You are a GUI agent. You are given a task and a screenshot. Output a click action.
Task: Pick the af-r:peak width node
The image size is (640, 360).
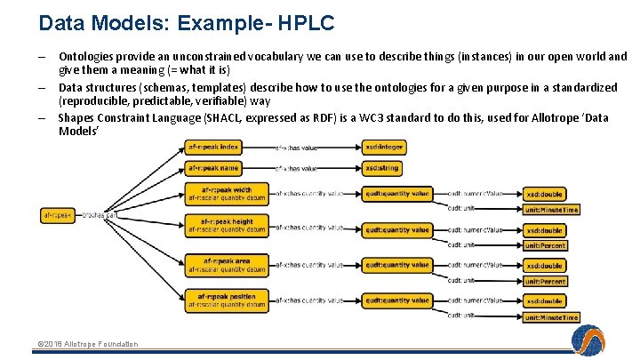pyautogui.click(x=227, y=194)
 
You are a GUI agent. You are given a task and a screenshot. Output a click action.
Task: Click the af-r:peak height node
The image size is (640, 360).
pyautogui.click(x=227, y=226)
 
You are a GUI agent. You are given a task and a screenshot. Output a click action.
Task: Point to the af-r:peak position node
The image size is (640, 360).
pyautogui.click(x=227, y=300)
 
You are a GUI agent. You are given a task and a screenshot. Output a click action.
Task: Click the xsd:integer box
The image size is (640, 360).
pyautogui.click(x=384, y=147)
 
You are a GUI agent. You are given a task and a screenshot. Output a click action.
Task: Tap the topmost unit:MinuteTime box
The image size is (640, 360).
pyautogui.click(x=551, y=210)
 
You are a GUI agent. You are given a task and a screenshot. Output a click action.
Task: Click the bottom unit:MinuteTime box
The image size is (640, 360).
pyautogui.click(x=551, y=317)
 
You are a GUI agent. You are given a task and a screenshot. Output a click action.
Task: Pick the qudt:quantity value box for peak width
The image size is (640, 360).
pyautogui.click(x=397, y=194)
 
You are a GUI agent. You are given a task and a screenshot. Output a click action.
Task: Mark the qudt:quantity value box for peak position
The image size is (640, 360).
pyautogui.click(x=397, y=300)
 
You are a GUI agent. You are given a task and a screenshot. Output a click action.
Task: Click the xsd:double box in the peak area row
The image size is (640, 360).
pyautogui.click(x=544, y=266)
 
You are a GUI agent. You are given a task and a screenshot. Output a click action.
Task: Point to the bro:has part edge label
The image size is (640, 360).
pyautogui.click(x=100, y=214)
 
